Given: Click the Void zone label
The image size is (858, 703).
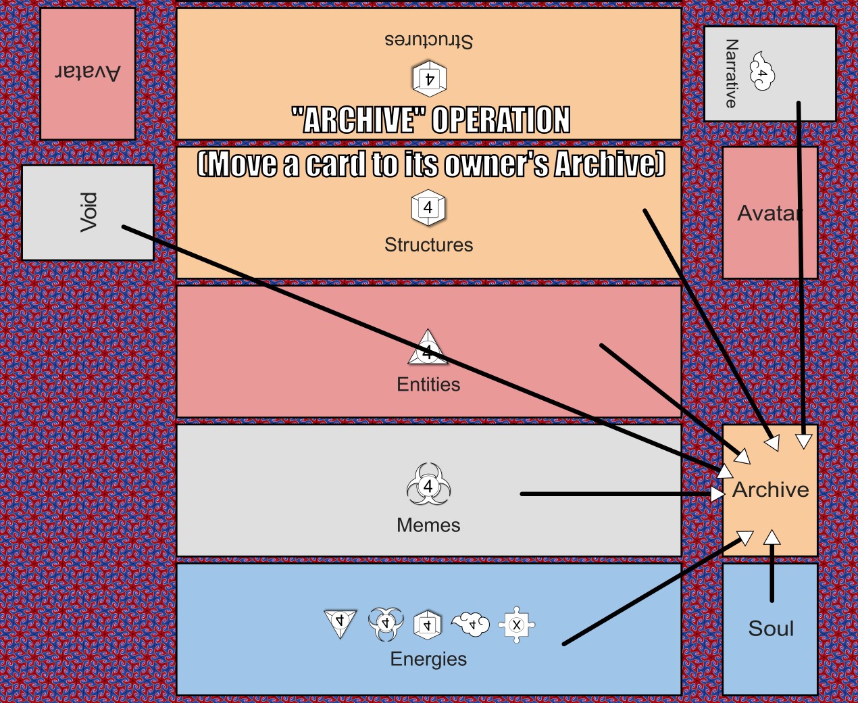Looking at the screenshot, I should point(89,212).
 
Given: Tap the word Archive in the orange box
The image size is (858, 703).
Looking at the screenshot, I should point(770,489).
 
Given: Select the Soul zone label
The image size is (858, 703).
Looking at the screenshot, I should point(771,629).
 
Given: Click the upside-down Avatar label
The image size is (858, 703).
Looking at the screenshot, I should point(88,72).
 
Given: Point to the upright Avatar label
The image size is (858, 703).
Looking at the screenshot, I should point(769,214).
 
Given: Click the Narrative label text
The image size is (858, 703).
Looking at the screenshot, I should point(731,73).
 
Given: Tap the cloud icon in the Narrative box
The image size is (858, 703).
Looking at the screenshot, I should point(761,72).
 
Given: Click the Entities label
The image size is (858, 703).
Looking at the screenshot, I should point(428,385).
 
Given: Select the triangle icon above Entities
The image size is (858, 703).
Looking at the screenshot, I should point(428,349).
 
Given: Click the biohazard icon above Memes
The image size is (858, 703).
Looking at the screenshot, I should point(428,485).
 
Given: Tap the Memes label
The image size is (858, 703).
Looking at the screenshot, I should point(428,525).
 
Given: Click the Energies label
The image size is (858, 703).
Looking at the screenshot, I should point(428,659).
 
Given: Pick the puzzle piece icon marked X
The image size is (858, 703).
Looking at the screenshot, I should point(517,625).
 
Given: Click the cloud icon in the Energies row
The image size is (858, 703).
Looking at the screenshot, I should point(471,624).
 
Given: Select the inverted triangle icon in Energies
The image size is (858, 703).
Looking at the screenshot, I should point(340,622).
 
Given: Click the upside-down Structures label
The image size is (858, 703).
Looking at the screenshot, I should point(428,40).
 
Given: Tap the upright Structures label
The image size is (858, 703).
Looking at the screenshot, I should point(428,245).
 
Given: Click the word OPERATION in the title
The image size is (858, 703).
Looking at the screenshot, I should point(501,120).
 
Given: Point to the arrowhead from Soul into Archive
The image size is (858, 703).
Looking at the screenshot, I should point(772,537).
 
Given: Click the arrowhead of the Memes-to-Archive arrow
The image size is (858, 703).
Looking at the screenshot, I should point(717,494).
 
